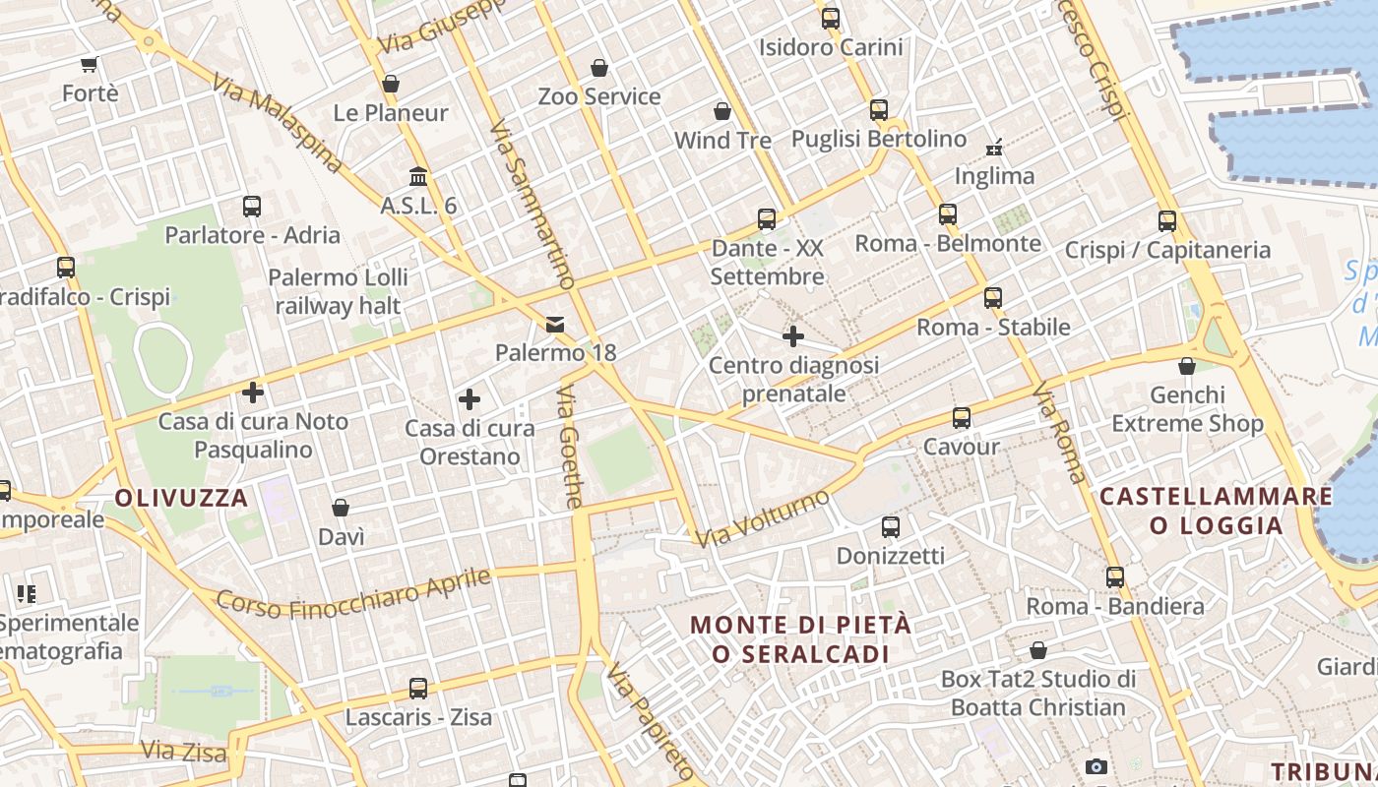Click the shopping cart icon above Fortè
click(90, 65)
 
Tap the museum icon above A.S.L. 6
click(418, 177)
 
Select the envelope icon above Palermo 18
click(555, 324)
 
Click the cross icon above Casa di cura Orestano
click(470, 399)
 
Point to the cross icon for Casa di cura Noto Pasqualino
click(253, 393)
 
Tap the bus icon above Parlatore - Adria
click(252, 207)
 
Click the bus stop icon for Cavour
click(962, 418)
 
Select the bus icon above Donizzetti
click(891, 527)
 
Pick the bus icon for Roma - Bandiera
click(1115, 577)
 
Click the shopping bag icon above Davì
click(341, 508)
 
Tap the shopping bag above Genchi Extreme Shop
click(1187, 367)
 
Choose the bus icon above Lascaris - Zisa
click(418, 689)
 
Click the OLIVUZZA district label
click(182, 498)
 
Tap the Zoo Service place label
click(599, 96)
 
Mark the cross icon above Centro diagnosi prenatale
click(793, 337)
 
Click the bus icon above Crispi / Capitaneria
click(1167, 221)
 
